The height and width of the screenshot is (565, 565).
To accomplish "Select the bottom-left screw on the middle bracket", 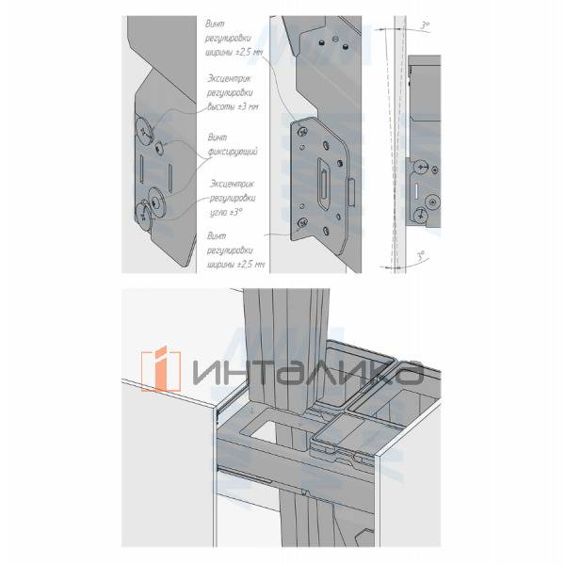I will pos(302,221).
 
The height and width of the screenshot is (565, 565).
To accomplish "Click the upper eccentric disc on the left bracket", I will pos(145,130).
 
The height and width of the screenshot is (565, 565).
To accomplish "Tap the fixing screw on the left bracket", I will pos(162,148).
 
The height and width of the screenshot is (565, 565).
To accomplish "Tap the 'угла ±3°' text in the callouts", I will pos(227,214).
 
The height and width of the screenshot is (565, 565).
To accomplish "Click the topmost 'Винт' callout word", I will pos(217,21).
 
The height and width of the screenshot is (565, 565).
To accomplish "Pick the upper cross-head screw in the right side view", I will pos(421,167).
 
